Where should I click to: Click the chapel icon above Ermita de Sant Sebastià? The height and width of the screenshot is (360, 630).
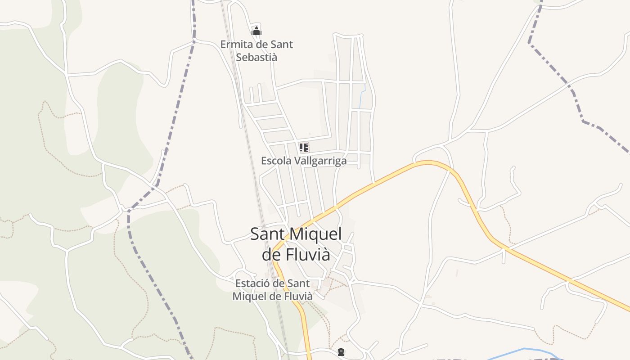pos(256,31)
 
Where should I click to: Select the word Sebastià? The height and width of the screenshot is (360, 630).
pos(256,57)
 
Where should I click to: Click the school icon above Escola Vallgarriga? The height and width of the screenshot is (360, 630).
pos(304,147)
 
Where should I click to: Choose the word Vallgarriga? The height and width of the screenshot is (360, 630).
pos(320,161)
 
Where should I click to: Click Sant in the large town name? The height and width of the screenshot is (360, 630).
pos(267,234)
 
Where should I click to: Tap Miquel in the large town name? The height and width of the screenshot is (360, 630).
pos(314,234)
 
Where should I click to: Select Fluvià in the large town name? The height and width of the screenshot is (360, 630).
pos(308,255)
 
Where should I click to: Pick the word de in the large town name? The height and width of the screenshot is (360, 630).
pos(272,255)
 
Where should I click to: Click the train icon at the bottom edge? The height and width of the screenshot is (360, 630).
pos(341,352)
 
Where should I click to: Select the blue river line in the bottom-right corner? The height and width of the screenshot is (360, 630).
pos(524,349)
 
